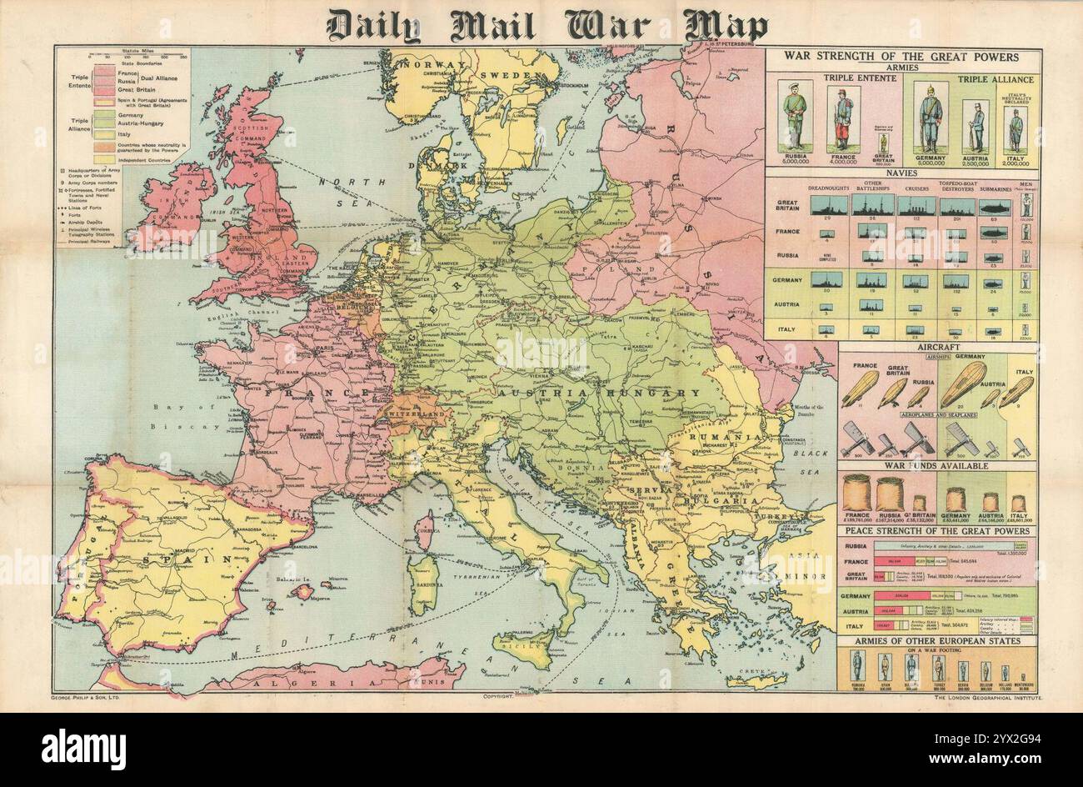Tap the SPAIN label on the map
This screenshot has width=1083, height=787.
click(x=167, y=561)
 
